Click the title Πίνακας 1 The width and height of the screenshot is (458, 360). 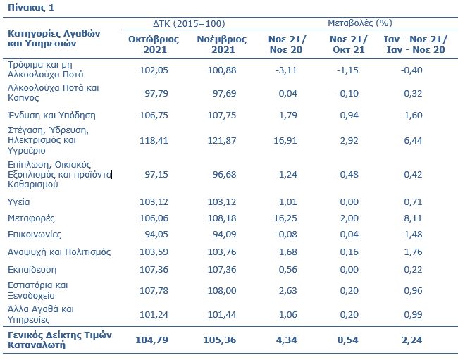pos(31,7)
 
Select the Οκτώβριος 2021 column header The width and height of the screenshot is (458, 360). pos(154,44)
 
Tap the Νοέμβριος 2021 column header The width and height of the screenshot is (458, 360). pos(222,44)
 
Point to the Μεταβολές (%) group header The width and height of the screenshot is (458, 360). pos(360,23)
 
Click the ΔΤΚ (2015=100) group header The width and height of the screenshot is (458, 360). pos(189,23)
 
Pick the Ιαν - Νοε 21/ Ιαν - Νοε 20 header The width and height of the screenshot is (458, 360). pos(415,44)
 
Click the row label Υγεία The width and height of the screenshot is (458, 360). pos(19,201)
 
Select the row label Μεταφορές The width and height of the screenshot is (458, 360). pos(31,218)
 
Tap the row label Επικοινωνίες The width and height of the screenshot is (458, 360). pos(35,235)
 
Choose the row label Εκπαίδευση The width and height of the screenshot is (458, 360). pos(32,270)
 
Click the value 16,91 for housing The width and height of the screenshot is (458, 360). pos(285,141)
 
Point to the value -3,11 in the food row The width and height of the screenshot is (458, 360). pos(286,70)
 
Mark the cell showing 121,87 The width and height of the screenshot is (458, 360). pos(222,141)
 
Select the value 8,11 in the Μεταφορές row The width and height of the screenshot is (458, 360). pos(413,218)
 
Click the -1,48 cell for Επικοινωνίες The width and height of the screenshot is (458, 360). pos(411,235)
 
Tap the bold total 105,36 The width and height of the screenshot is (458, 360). pos(220,340)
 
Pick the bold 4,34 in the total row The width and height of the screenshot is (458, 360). pos(286,340)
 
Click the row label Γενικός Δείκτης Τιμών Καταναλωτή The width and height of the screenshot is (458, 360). pos(60,340)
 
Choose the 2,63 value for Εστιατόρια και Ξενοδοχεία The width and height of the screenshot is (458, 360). pos(287,291)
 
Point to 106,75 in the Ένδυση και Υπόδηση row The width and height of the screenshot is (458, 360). pos(154,116)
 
